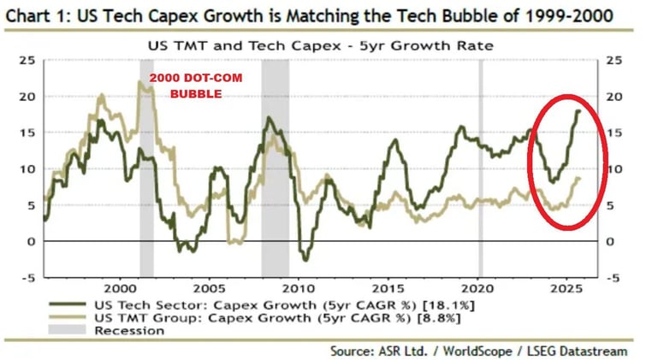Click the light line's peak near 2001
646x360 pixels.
click(139, 82)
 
